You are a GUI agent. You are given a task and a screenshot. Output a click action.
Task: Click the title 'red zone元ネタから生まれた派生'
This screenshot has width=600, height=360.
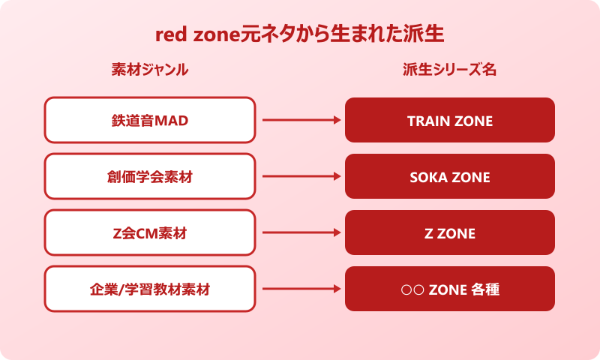click(x=300, y=35)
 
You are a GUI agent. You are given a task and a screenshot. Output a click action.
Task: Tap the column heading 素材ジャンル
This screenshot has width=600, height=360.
click(x=150, y=70)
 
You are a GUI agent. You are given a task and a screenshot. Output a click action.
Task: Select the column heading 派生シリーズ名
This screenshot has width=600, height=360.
click(x=450, y=70)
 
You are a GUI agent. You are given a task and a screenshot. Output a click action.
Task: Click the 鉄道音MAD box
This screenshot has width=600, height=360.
click(x=150, y=120)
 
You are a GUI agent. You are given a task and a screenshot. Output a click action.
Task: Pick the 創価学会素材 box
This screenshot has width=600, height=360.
click(x=150, y=177)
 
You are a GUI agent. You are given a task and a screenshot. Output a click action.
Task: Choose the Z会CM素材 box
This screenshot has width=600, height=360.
click(x=150, y=233)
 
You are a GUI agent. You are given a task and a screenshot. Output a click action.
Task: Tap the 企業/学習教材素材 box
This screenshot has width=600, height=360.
click(x=150, y=289)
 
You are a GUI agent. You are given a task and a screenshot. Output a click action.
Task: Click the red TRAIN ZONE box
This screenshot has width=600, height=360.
click(x=450, y=120)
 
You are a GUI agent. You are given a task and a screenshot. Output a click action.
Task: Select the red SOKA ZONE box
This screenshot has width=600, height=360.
click(x=450, y=177)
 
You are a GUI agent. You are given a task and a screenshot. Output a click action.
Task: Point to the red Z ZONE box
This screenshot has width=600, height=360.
click(x=450, y=233)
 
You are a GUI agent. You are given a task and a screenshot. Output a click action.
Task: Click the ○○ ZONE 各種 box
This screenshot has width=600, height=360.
click(x=450, y=289)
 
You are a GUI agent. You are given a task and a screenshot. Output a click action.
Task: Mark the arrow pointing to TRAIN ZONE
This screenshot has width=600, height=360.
click(x=300, y=120)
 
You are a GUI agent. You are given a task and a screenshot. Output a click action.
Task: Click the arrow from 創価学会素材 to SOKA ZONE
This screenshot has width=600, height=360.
click(x=300, y=177)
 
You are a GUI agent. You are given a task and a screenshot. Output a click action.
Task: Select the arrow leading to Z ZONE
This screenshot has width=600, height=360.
click(x=300, y=233)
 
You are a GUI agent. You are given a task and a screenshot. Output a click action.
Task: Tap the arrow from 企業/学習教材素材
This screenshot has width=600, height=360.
click(x=300, y=289)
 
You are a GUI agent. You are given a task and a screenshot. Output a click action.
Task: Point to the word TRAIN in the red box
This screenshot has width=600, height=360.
click(x=429, y=121)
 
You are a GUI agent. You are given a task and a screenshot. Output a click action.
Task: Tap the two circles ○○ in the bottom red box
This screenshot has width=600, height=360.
click(x=413, y=289)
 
